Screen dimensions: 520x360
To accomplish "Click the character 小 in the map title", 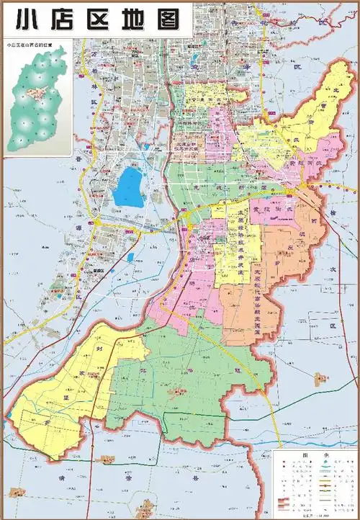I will pos(19,17).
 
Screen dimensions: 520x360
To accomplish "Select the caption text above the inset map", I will pos(33,45).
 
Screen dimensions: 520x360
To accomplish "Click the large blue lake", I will pos(130,186).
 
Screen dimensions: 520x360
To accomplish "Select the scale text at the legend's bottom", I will pos(314,513).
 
